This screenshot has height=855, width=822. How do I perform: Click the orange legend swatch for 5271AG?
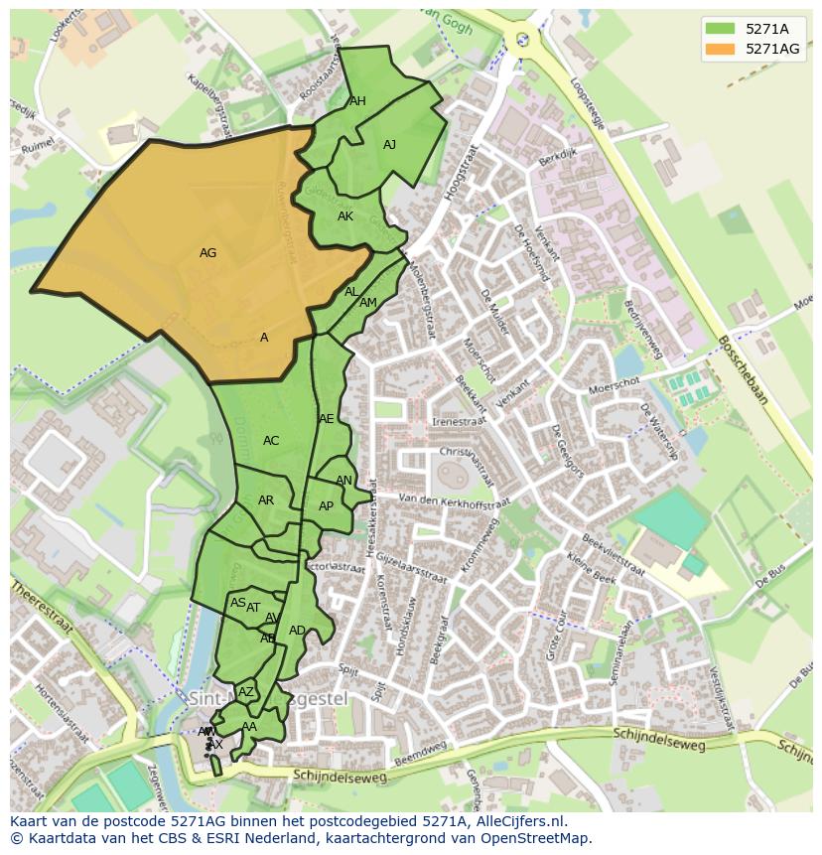[723, 49]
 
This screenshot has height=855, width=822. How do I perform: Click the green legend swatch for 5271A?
[723, 28]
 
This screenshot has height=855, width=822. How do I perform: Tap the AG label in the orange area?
[207, 253]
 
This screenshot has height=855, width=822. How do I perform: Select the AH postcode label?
[357, 101]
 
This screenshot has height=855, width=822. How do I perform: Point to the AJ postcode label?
[389, 145]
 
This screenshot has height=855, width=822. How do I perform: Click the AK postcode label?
[344, 216]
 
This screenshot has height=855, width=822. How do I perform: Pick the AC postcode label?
[271, 441]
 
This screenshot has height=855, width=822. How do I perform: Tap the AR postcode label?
[265, 500]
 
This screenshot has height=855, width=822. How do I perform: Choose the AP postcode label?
[326, 506]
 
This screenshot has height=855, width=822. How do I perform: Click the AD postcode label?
[297, 631]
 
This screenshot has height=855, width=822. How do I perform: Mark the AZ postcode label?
[246, 692]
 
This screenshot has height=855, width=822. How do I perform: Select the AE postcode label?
[327, 419]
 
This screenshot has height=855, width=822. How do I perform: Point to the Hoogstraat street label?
[462, 173]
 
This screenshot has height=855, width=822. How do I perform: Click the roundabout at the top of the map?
[522, 40]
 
